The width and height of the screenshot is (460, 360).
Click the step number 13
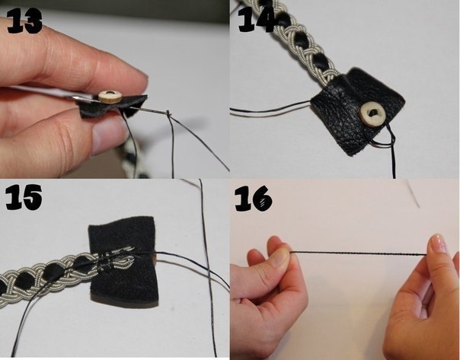(24, 21)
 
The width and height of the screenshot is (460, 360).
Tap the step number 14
(256, 19)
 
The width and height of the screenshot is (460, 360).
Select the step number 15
(24, 196)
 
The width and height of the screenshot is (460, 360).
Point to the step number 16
(254, 199)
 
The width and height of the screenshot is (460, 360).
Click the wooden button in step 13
(110, 97)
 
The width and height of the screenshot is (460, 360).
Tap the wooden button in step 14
(372, 113)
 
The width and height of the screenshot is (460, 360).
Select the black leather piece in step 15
(123, 262)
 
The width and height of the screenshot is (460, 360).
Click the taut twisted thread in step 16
(359, 253)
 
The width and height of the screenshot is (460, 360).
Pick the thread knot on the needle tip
(168, 113)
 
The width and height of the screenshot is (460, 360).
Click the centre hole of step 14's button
(372, 113)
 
